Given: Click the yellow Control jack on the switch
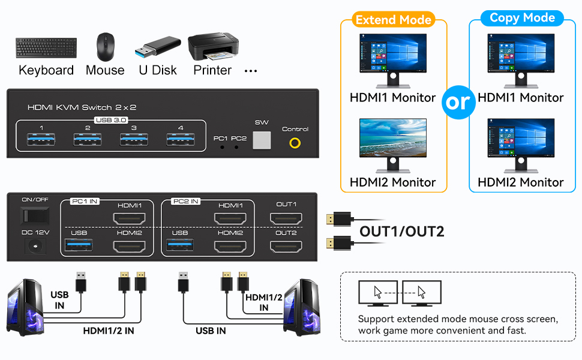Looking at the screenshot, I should coord(295,143).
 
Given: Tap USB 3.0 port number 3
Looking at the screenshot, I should coord(134,140).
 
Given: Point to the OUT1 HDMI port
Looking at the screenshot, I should coord(286,218).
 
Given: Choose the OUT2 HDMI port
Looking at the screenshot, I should coord(286,246).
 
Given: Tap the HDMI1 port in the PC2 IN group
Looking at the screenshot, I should coord(230,218).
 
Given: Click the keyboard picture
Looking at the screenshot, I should coord(46,48).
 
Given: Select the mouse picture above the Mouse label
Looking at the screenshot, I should coord(105,47).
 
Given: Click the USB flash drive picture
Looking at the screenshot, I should coord(158,46).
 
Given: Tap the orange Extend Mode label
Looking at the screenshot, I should coord(393,20).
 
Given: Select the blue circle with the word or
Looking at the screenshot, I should coord(457,102).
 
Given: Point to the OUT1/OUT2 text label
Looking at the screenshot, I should coord(401,232).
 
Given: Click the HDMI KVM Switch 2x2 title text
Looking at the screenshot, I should coord(82,107).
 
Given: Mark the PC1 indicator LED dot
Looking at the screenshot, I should coord(223,146).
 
